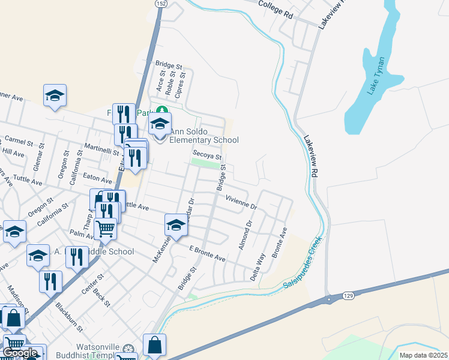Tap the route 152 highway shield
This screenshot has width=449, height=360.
(160, 3)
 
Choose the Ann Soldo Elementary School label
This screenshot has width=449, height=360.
(203, 136)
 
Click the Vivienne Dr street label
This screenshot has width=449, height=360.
(241, 202)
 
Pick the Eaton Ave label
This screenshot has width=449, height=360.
(98, 178)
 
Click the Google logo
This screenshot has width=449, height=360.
(20, 352)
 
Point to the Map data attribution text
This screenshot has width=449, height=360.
(423, 355)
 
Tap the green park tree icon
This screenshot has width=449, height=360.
(160, 112)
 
